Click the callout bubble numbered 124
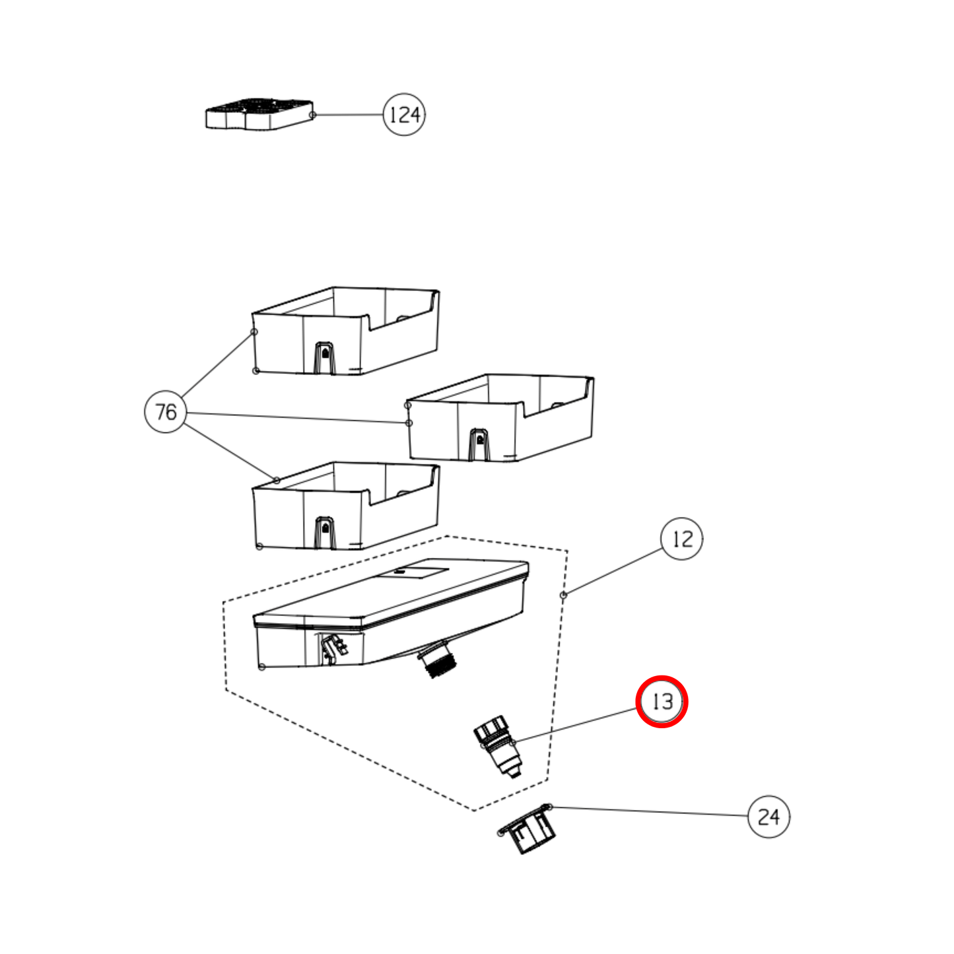(404, 115)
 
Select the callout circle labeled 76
(166, 412)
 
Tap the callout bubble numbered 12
(681, 539)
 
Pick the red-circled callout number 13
(662, 701)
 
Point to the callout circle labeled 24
(768, 817)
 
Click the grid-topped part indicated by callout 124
(259, 114)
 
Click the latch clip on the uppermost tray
(324, 357)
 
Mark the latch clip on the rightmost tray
(479, 444)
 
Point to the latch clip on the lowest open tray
(324, 532)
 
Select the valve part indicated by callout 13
(497, 747)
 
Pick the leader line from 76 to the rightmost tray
(297, 418)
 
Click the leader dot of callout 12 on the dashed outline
(563, 595)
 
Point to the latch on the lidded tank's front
(332, 648)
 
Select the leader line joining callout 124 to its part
(349, 115)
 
